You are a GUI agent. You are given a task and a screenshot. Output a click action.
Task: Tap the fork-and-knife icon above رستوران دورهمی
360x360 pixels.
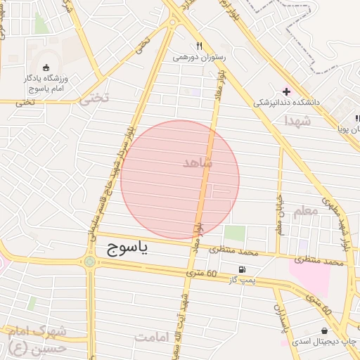[200, 46]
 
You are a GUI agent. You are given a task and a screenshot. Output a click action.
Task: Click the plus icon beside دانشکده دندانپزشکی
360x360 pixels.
[285, 91]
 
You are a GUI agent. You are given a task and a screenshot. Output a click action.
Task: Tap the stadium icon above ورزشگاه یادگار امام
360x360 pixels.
[46, 68]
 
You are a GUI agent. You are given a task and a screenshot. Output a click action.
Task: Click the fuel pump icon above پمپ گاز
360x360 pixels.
[243, 269]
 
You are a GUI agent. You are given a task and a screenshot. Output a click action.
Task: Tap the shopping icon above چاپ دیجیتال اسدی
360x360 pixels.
[323, 330]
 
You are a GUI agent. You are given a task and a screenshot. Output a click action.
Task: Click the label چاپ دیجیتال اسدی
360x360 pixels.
[323, 341]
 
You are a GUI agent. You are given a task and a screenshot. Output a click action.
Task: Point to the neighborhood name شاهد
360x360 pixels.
[196, 162]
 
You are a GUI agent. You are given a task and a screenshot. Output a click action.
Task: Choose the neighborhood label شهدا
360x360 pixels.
[297, 121]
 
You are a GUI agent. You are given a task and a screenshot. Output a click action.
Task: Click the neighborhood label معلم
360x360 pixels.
[304, 211]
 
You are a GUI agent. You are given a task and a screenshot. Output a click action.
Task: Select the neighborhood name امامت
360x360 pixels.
[153, 337]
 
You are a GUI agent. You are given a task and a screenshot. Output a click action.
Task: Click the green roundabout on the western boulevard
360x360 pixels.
[90, 262]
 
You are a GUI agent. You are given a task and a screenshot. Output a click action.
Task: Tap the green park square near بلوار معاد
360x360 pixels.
[235, 233]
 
